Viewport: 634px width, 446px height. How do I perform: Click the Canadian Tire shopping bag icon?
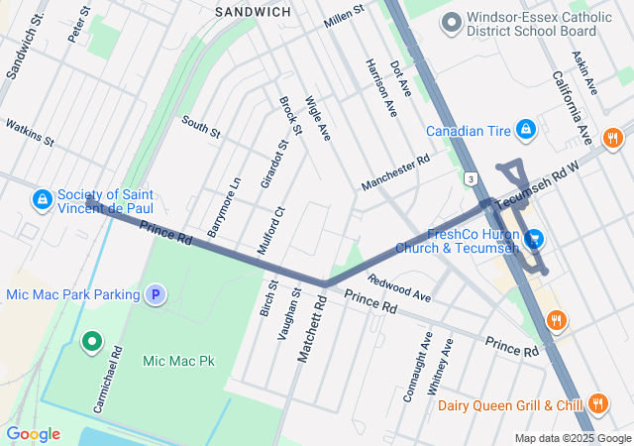pos(526,130)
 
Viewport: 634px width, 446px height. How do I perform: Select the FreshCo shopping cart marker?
pos(534,239)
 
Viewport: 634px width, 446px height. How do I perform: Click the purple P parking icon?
pos(155,294)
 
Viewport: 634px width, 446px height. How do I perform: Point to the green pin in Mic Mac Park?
pos(92,343)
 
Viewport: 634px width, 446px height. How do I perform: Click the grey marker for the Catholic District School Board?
pos(452,21)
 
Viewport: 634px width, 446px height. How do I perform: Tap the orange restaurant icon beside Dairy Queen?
pos(597,403)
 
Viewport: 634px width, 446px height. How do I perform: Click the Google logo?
pos(33,434)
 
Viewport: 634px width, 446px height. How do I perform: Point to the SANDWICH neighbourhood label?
pos(253,12)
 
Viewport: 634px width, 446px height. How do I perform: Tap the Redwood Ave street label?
pos(399,288)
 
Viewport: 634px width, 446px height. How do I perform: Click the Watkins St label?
pos(29,133)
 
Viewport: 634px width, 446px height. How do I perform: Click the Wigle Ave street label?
pos(318,119)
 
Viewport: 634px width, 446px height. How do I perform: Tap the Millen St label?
pos(344,14)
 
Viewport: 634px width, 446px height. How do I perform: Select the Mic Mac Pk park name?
pos(178,361)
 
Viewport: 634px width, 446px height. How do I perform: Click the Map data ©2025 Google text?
pos(571,438)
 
